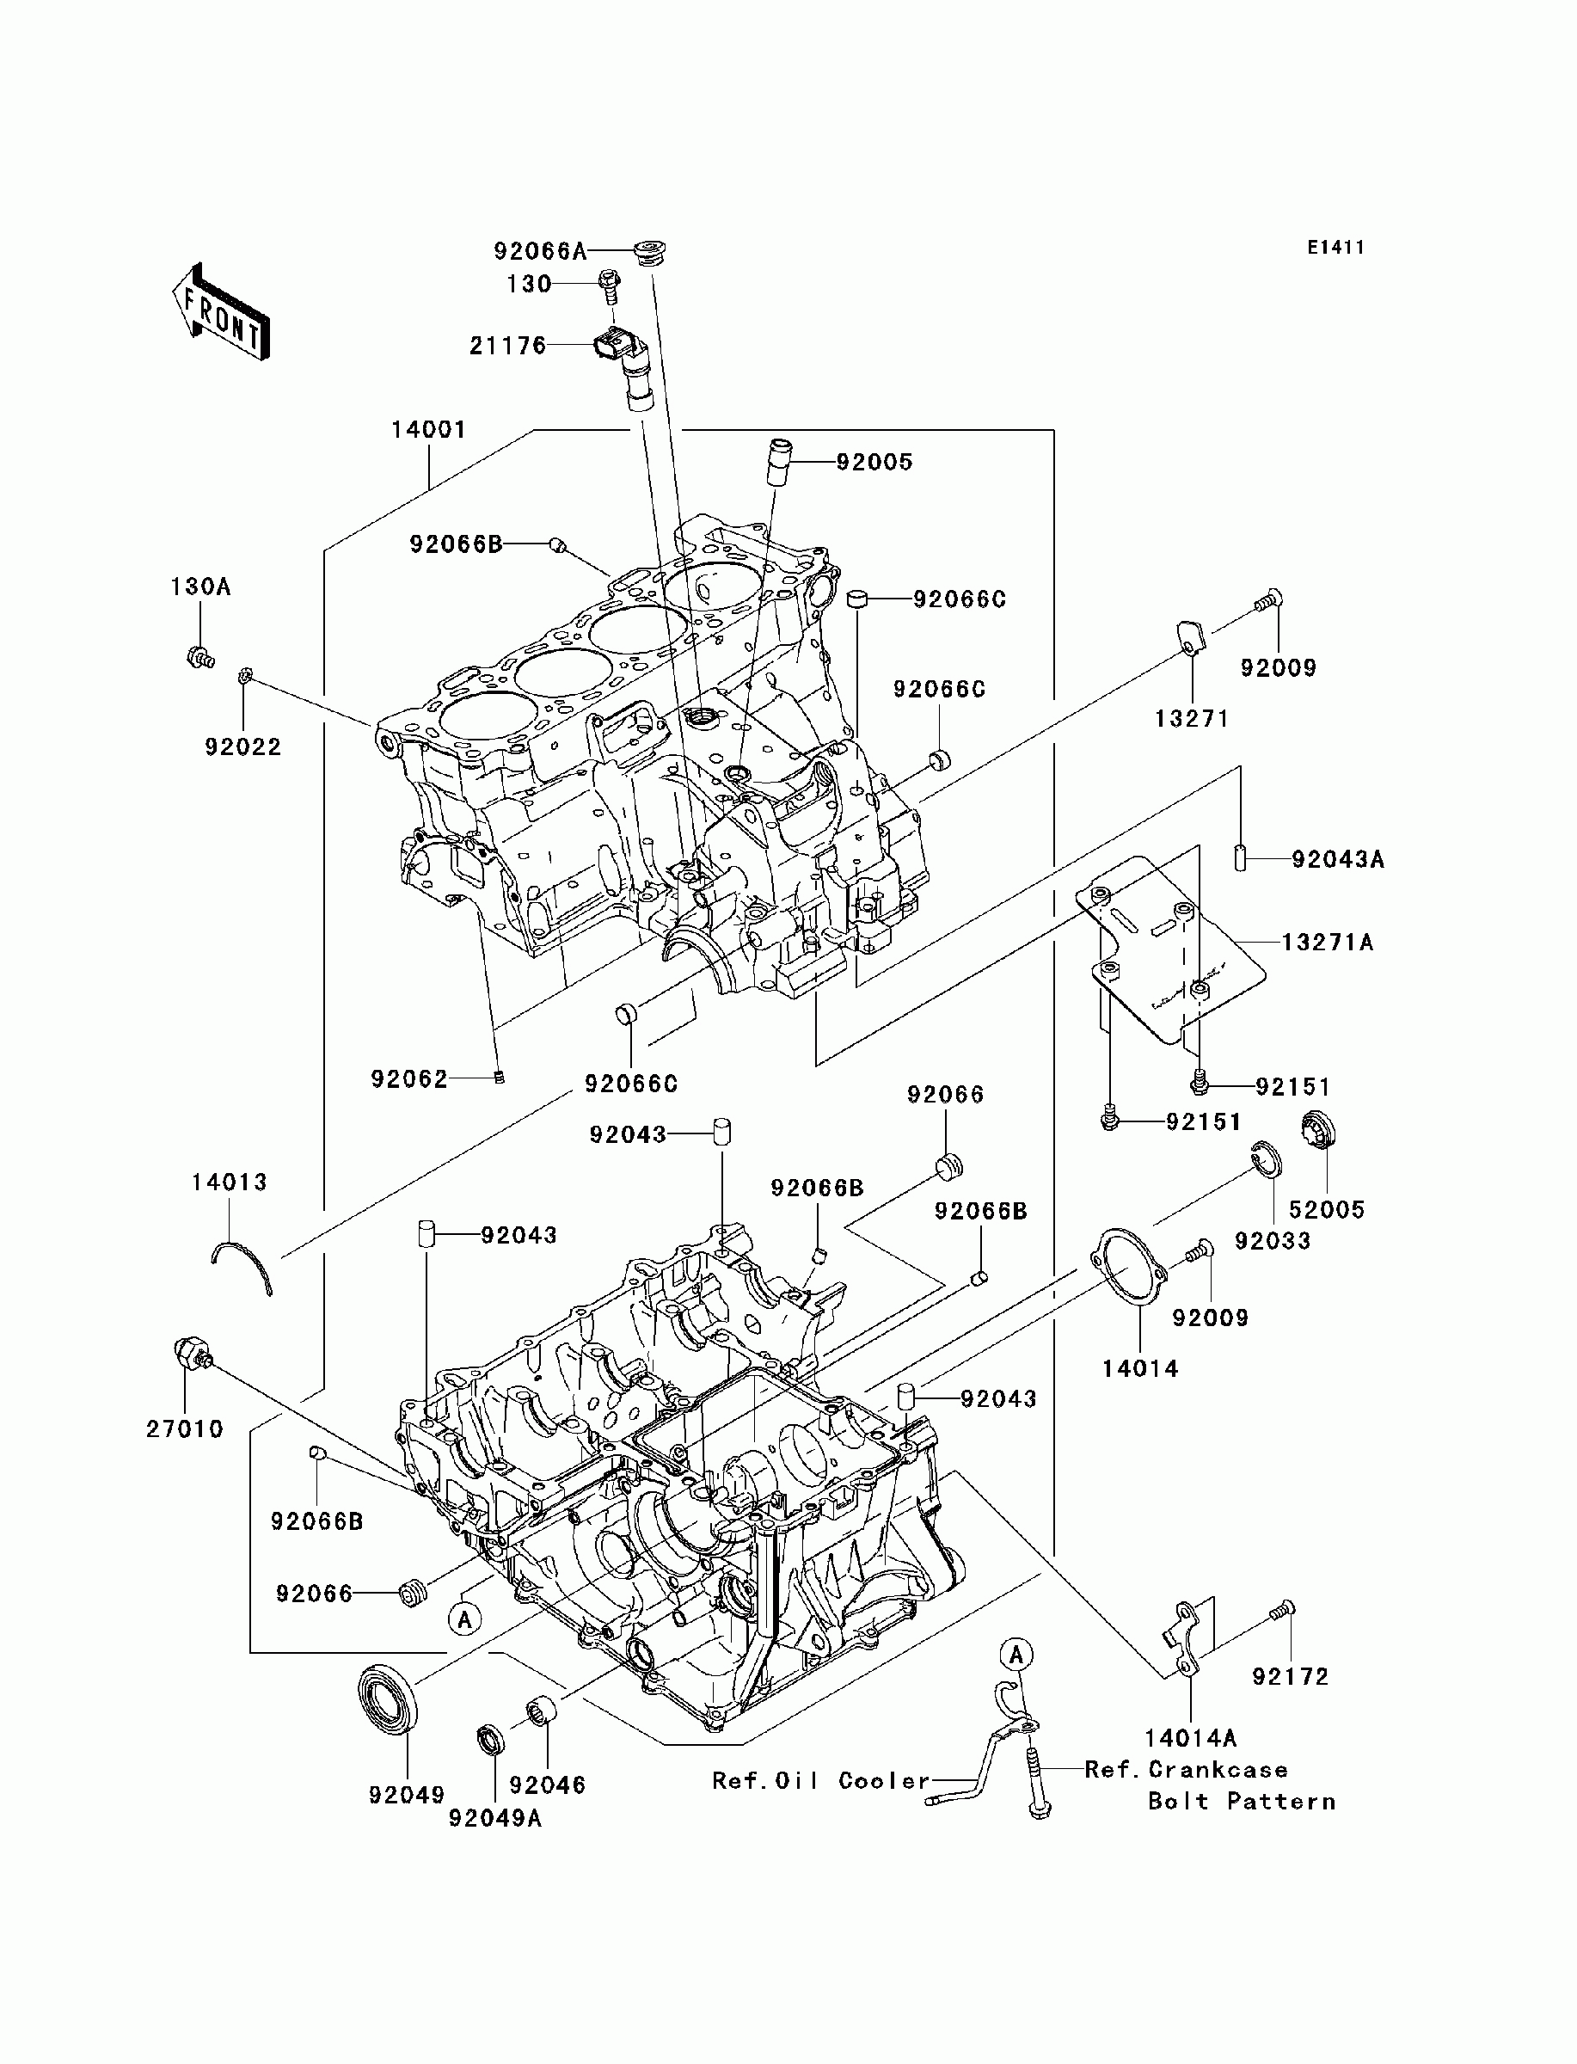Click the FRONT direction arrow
222,312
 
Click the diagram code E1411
1335,248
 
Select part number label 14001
428,430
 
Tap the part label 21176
508,347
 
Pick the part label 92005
874,462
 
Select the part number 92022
243,747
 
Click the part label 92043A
1338,860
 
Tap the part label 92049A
494,1818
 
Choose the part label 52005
1327,1210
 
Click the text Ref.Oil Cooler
820,1780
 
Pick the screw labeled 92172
1281,1610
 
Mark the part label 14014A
1189,1737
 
